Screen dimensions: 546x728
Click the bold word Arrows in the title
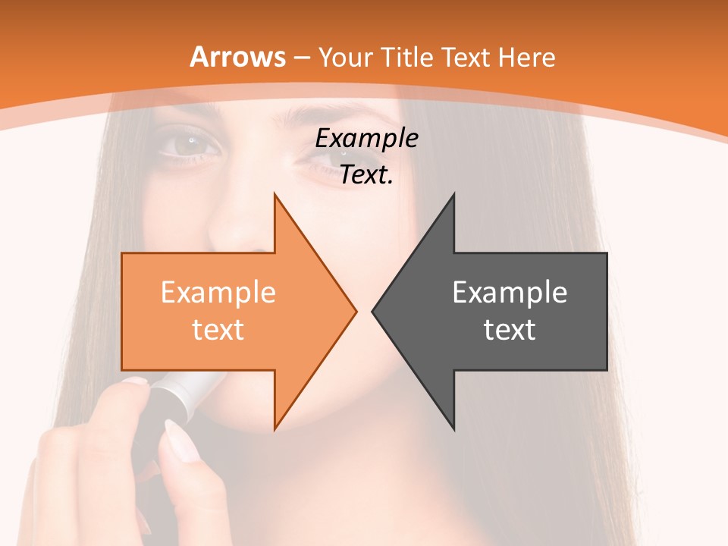237,57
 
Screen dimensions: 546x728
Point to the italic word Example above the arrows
366,139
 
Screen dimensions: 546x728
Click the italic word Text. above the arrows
366,175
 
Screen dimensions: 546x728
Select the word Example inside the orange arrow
218,293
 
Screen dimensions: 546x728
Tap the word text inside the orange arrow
218,329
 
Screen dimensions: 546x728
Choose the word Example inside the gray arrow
510,293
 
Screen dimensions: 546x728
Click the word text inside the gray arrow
510,329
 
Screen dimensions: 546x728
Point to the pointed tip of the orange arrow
356,311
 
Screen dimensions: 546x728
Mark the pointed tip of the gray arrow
372,311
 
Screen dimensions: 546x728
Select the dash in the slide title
301,58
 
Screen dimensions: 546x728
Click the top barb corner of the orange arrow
275,193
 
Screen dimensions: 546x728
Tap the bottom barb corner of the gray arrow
454,429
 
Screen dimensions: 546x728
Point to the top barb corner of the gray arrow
454,193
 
